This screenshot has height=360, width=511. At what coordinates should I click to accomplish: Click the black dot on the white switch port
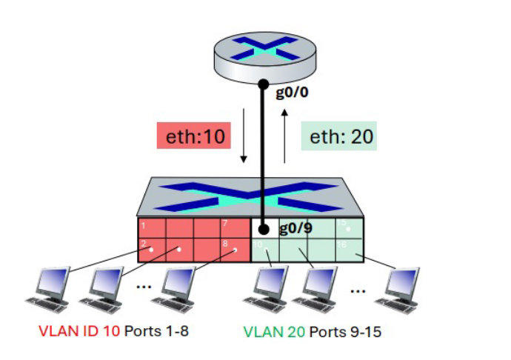coord(264,229)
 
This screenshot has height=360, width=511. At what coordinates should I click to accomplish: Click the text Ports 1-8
coord(156,331)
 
